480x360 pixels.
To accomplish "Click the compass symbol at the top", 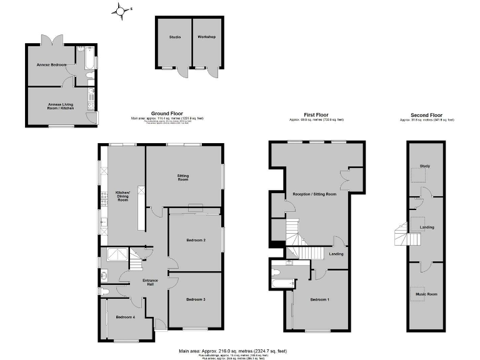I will [121, 9].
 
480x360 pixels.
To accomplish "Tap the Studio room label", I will [174, 37].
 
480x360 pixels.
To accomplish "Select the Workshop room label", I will [206, 37].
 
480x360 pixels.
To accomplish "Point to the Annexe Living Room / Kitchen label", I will [61, 106].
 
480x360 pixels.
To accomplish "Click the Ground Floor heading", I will [167, 113].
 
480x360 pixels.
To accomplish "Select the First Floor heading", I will [316, 115].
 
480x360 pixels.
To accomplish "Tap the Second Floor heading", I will [426, 115].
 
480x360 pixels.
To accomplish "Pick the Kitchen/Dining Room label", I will [123, 196].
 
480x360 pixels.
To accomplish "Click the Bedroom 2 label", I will [196, 240].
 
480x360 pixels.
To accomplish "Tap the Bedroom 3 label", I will [196, 299].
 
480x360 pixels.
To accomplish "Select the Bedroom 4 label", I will [126, 317].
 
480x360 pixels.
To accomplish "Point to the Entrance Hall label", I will [150, 283].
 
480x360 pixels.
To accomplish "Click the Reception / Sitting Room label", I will [317, 194].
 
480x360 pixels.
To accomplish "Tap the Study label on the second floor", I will [425, 166].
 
